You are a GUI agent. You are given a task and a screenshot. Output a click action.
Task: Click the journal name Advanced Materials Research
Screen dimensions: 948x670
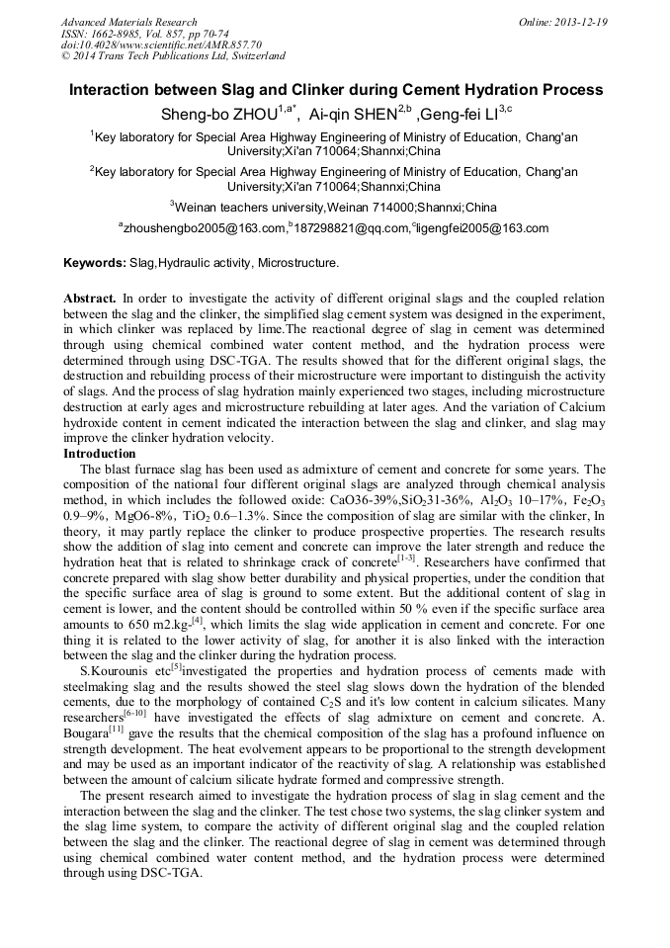pos(128,22)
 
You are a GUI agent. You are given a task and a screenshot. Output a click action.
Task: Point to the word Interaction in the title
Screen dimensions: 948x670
pos(111,90)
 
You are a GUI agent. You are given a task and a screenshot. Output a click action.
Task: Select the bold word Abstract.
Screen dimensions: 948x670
pos(90,298)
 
